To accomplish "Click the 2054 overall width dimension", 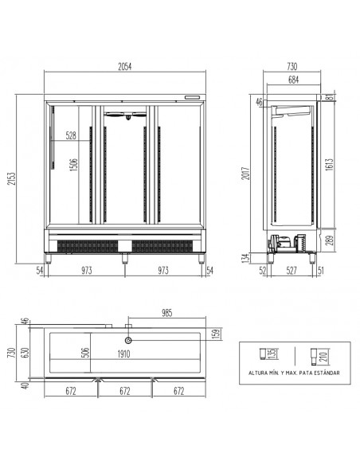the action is pyautogui.click(x=125, y=66).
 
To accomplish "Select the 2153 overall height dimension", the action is pyautogui.click(x=12, y=178).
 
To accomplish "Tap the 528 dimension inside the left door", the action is pyautogui.click(x=71, y=135).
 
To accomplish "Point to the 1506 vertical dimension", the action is pyautogui.click(x=73, y=165).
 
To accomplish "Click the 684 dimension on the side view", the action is pyautogui.click(x=293, y=80).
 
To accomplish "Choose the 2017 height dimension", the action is pyautogui.click(x=246, y=174).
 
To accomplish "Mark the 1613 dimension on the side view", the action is pyautogui.click(x=330, y=165).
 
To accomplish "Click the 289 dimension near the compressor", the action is pyautogui.click(x=330, y=240).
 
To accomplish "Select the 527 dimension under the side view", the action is pyautogui.click(x=292, y=271).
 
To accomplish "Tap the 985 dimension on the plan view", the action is pyautogui.click(x=167, y=313).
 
